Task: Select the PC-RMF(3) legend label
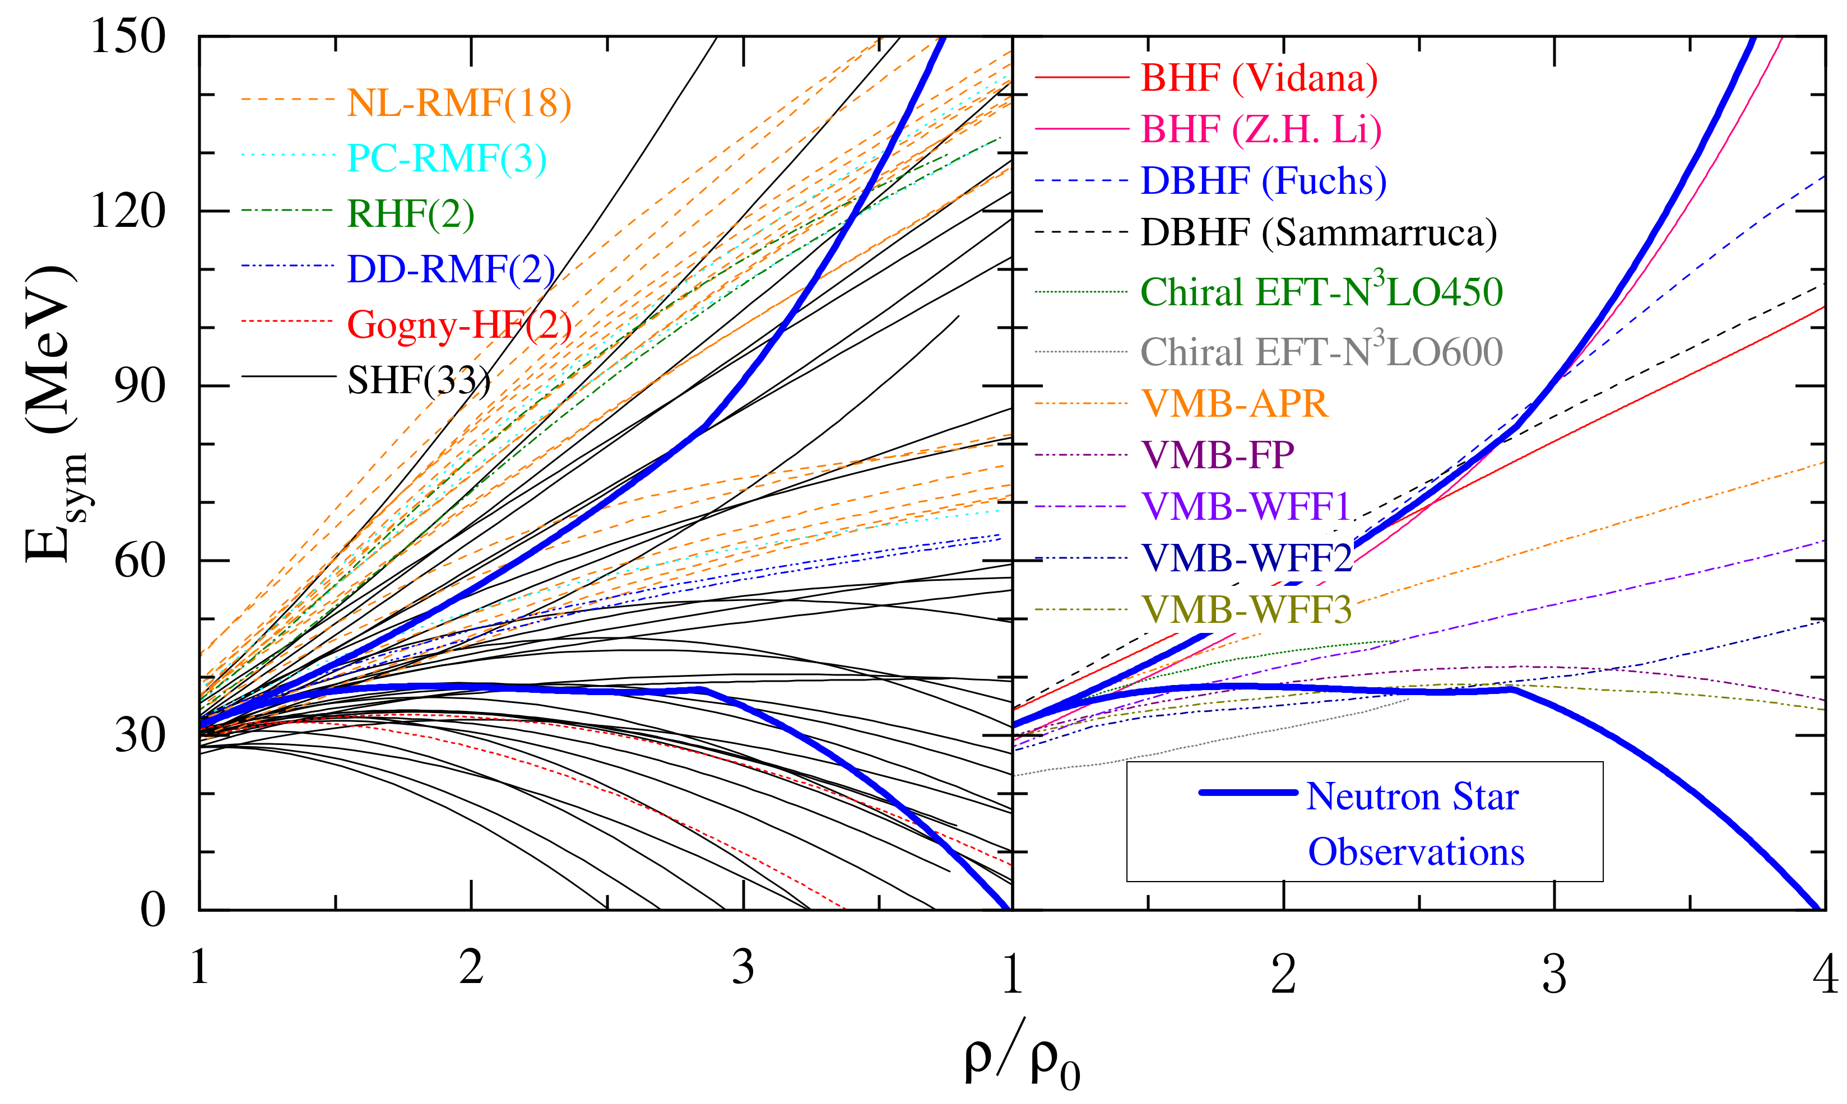tap(447, 159)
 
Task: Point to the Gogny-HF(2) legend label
tap(459, 324)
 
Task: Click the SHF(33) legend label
tap(419, 380)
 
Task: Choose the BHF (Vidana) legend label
tap(1259, 77)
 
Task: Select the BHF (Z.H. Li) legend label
tap(1261, 129)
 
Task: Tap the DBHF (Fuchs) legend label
tap(1264, 181)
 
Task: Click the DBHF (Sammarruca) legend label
tap(1319, 233)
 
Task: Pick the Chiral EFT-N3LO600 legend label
tap(1321, 351)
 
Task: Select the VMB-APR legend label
tap(1235, 403)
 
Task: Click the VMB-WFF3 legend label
tap(1246, 609)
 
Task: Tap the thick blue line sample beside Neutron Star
tap(1248, 792)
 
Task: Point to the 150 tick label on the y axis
tap(127, 36)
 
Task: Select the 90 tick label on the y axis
tap(139, 385)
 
